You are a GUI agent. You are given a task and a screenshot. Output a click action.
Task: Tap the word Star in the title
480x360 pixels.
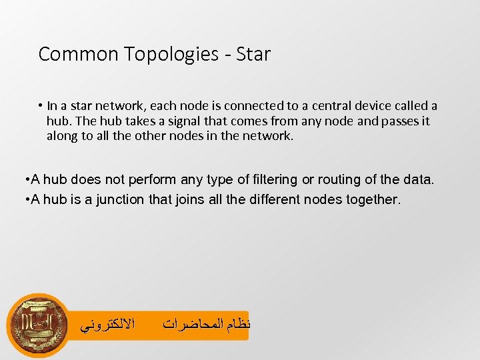[x=253, y=54]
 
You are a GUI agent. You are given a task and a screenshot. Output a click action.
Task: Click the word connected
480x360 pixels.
[x=252, y=106]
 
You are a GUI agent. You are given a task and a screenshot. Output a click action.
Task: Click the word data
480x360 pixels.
[x=419, y=179]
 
